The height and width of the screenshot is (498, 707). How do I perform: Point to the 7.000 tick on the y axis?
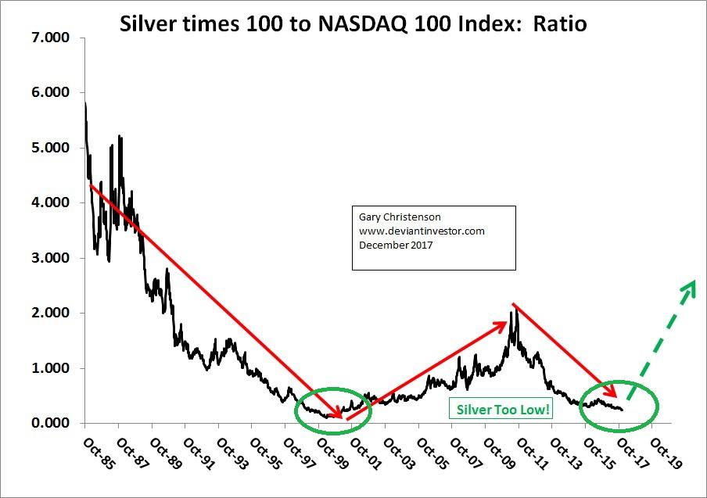click(x=51, y=38)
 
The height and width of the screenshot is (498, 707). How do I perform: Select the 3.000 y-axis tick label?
click(x=51, y=258)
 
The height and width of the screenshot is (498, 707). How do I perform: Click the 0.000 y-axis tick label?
click(x=51, y=423)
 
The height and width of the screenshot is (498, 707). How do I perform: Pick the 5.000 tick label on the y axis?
click(x=51, y=148)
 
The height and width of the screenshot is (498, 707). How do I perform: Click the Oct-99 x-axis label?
click(x=327, y=453)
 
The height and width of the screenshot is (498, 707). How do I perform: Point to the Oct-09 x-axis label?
click(x=493, y=453)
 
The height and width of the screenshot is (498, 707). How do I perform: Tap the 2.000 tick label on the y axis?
click(x=51, y=313)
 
